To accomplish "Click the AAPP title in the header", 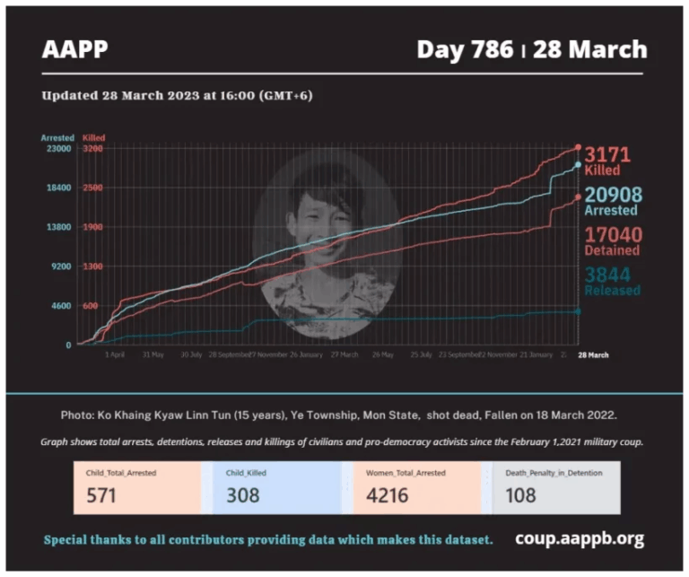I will (74, 50).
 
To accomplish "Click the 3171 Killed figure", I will (607, 154).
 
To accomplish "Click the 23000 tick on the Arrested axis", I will (59, 149).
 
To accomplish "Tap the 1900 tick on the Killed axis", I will (92, 227).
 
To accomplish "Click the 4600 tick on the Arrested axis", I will (59, 306).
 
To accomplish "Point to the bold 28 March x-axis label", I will (592, 355).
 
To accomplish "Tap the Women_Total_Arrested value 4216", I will (387, 495).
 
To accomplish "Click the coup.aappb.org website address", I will (580, 538).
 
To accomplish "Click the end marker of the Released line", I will (578, 311).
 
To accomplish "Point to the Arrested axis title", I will (57, 137).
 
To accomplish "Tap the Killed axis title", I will (93, 137).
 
